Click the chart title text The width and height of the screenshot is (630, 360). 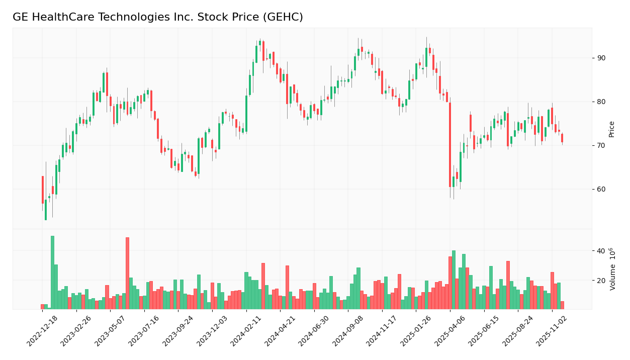[157, 18]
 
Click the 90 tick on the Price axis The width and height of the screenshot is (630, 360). [601, 58]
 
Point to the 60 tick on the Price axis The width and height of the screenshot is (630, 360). [601, 190]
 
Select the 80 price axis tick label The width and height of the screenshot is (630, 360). [601, 102]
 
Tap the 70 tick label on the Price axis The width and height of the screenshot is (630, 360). [601, 146]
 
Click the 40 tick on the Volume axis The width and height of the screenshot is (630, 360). [601, 251]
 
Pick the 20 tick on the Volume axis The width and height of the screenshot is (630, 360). [601, 281]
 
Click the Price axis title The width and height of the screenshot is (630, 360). [612, 129]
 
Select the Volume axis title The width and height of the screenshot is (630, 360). [612, 269]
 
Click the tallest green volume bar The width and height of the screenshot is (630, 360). [52, 272]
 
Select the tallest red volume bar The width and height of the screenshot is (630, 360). [127, 273]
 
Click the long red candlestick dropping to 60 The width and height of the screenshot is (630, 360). [450, 145]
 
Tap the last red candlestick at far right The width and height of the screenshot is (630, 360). [562, 138]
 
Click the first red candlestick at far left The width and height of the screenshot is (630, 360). [43, 190]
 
